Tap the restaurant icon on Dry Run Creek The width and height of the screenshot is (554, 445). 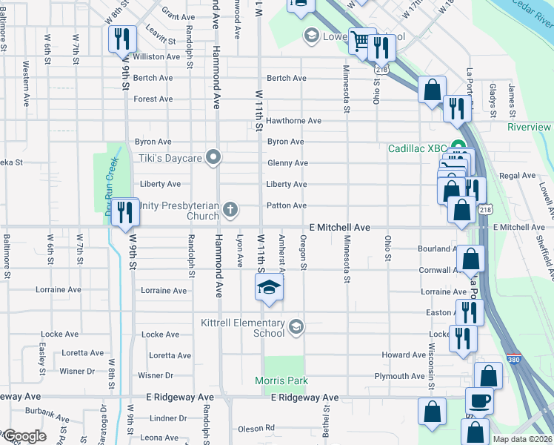pyautogui.click(x=124, y=212)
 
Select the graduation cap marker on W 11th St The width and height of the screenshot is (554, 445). pyautogui.click(x=269, y=288)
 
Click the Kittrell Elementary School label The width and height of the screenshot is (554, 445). pyautogui.click(x=243, y=328)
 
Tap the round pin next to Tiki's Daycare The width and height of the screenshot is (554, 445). pyautogui.click(x=214, y=157)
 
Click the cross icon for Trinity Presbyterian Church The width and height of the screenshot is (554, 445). pyautogui.click(x=230, y=210)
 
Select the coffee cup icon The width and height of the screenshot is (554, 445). pyautogui.click(x=478, y=401)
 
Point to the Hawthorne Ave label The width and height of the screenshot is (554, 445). pyautogui.click(x=294, y=120)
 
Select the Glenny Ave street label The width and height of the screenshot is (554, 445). pyautogui.click(x=287, y=163)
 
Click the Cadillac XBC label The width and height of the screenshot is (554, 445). pyautogui.click(x=419, y=148)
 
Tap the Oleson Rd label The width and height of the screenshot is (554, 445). pyautogui.click(x=256, y=428)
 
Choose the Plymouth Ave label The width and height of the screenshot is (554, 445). pyautogui.click(x=399, y=376)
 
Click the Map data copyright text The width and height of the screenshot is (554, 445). pyautogui.click(x=522, y=439)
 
